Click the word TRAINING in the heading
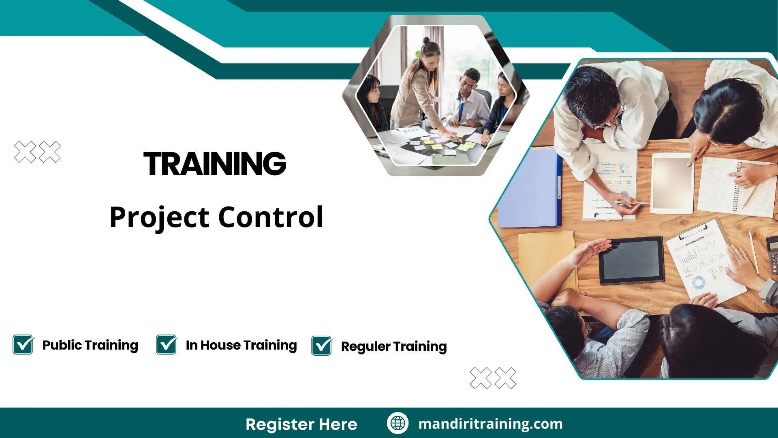point(215,164)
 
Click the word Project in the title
point(159,217)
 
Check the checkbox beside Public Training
point(23,345)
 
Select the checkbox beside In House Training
point(167,345)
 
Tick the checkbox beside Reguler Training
point(322,346)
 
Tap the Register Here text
point(301,424)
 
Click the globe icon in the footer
point(398,423)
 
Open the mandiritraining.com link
point(490,424)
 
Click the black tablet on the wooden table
point(631,260)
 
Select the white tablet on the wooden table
point(672,183)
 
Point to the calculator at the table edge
point(772,255)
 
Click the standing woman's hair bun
point(426,41)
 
